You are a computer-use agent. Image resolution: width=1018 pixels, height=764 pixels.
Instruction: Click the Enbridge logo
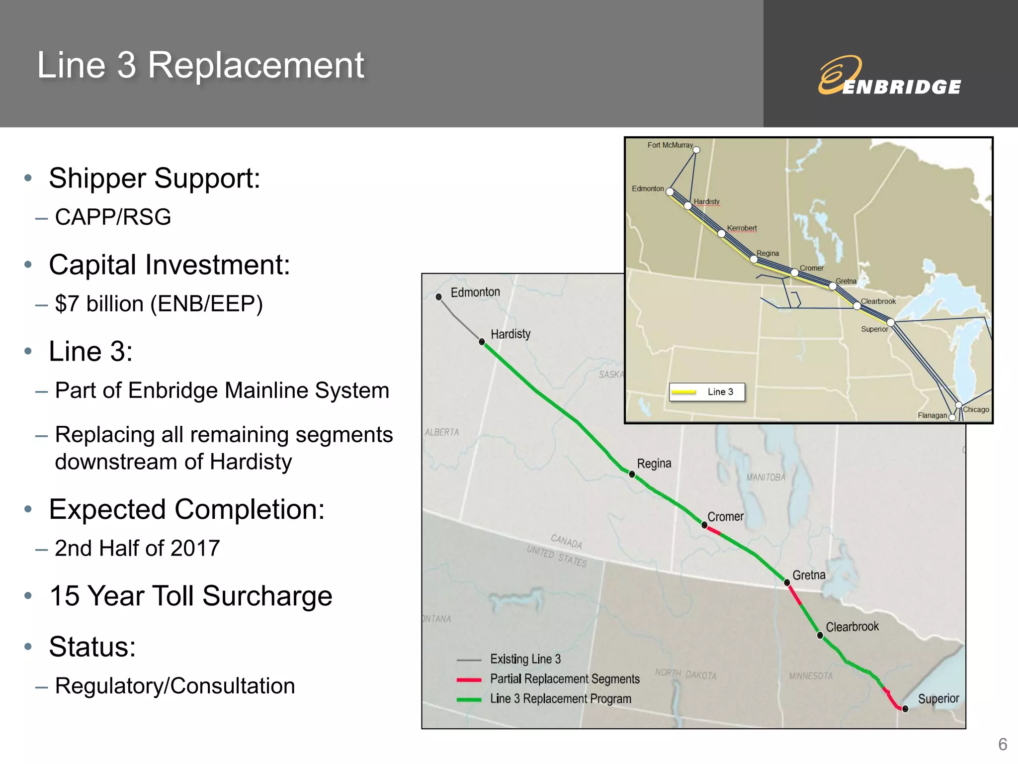tap(890, 77)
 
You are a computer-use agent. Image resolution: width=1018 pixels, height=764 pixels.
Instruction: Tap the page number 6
tap(1002, 745)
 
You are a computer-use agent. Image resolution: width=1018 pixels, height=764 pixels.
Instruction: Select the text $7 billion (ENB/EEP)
tap(159, 304)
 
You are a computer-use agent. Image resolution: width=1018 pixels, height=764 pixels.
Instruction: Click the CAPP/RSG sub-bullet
tap(113, 217)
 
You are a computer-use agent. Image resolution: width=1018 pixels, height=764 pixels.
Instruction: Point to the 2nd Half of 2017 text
tap(137, 549)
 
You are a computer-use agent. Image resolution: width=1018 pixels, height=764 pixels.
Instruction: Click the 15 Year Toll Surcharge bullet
tap(191, 596)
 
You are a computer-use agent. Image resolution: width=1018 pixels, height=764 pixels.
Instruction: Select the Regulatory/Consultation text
tap(175, 686)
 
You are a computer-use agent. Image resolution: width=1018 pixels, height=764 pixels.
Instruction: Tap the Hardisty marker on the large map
tap(482, 342)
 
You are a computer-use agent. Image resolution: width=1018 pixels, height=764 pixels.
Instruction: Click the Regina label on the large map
tap(654, 464)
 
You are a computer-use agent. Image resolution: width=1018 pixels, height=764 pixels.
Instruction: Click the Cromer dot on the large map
tap(704, 525)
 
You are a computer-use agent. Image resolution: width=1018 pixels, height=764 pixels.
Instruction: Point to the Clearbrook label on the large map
tap(852, 627)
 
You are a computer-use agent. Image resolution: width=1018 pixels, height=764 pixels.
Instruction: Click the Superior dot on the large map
tap(905, 709)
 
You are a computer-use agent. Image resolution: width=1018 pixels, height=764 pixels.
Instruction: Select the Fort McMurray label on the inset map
tap(670, 145)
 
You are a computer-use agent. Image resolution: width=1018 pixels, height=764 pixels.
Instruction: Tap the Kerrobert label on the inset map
tap(742, 228)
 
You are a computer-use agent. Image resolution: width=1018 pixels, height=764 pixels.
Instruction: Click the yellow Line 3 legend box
tap(707, 392)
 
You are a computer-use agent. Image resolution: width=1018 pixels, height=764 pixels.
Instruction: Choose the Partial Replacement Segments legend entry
tap(565, 679)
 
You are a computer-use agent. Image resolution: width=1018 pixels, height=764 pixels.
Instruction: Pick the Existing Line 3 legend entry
tap(525, 659)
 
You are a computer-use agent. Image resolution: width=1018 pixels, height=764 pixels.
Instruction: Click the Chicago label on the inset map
tap(976, 409)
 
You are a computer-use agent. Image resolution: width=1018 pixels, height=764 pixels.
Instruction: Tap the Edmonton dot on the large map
tap(438, 297)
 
